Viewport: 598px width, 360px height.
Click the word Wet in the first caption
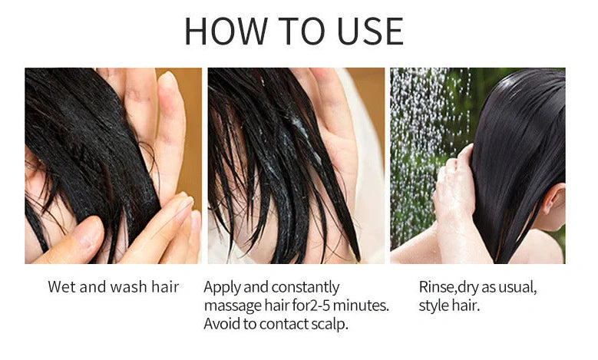(x=61, y=287)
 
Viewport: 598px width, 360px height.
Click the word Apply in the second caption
(x=223, y=288)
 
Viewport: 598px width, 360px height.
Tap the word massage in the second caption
(x=233, y=306)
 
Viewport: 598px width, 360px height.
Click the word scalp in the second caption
(x=329, y=323)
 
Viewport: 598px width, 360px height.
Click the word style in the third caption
(x=434, y=306)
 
